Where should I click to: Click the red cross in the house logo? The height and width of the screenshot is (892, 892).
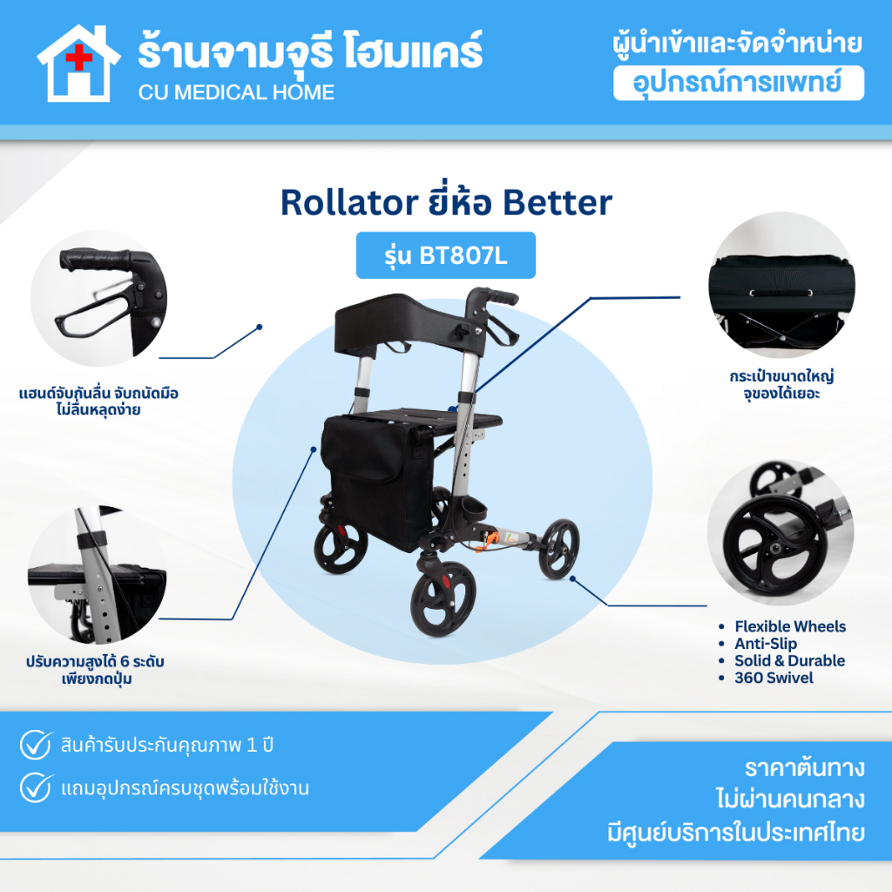pyautogui.click(x=79, y=57)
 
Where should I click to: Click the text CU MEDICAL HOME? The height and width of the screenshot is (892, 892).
pyautogui.click(x=236, y=92)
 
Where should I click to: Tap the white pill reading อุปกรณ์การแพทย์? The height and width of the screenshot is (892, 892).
pyautogui.click(x=739, y=83)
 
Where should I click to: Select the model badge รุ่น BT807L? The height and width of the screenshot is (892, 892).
pyautogui.click(x=446, y=255)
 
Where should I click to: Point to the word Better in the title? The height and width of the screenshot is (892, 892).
pyautogui.click(x=557, y=202)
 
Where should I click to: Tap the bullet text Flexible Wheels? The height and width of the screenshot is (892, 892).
pyautogui.click(x=790, y=626)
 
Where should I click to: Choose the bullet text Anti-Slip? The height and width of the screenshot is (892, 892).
pyautogui.click(x=766, y=644)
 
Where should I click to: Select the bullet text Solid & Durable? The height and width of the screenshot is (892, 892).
pyautogui.click(x=789, y=660)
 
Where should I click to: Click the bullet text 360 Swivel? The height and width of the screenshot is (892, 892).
pyautogui.click(x=774, y=678)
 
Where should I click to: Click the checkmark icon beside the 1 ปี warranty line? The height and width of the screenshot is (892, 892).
pyautogui.click(x=36, y=744)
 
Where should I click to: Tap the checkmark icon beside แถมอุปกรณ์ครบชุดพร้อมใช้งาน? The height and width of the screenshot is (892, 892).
pyautogui.click(x=36, y=787)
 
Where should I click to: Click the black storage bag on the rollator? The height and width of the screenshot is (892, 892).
pyautogui.click(x=378, y=481)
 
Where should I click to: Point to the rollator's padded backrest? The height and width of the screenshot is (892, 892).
pyautogui.click(x=409, y=321)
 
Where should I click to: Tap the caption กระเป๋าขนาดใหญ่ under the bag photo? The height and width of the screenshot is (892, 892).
pyautogui.click(x=781, y=376)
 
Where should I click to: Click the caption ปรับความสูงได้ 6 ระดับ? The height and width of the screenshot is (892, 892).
pyautogui.click(x=95, y=662)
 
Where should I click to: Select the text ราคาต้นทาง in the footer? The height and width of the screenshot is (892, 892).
pyautogui.click(x=804, y=768)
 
